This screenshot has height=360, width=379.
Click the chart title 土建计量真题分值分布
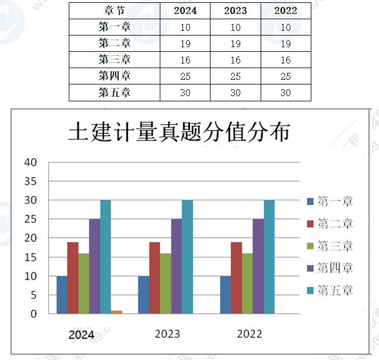tap(178, 132)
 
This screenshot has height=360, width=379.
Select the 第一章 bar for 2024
tap(62, 295)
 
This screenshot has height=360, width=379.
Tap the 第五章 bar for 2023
tap(187, 257)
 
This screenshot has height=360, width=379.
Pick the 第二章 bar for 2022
tap(236, 278)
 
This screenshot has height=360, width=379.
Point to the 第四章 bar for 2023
tap(176, 266)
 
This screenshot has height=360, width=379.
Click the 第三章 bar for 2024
tap(84, 284)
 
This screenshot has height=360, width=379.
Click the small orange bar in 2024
tap(117, 312)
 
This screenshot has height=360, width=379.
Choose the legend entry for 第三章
tap(330, 246)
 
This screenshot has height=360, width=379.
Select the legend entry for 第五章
tap(330, 290)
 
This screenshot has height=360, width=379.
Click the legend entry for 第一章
tap(330, 202)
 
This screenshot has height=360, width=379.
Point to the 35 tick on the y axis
tap(30, 181)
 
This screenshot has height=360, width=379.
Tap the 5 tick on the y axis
tap(33, 295)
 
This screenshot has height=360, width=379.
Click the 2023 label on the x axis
tap(167, 334)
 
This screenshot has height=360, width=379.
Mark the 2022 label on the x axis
tap(250, 334)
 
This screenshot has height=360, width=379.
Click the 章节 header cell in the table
tap(114, 10)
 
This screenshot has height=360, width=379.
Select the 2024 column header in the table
tap(185, 10)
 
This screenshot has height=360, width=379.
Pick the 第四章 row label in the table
tap(114, 76)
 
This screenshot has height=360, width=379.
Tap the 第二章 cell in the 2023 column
tap(236, 43)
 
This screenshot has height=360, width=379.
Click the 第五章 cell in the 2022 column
tap(286, 93)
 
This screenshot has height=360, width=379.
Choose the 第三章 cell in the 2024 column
tap(185, 59)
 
